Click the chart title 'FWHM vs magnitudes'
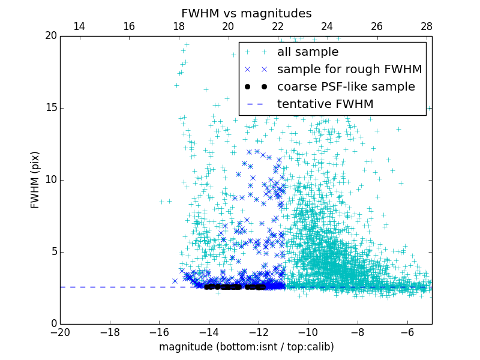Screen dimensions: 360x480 (246, 13)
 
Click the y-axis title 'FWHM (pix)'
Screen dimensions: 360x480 (35, 179)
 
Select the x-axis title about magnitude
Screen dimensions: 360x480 (246, 347)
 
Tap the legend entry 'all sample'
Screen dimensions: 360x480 (308, 52)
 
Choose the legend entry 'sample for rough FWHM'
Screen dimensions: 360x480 (349, 70)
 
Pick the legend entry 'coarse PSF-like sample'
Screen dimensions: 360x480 (346, 87)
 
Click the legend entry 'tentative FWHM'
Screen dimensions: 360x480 (325, 104)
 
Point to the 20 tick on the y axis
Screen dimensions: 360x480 (50, 36)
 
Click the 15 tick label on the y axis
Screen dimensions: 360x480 (50, 108)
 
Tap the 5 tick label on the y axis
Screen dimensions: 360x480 (53, 251)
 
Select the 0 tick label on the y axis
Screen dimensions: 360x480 (53, 323)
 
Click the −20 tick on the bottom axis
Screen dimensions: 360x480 (60, 332)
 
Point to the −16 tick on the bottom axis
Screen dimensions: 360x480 (159, 332)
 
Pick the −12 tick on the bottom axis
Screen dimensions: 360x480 (259, 332)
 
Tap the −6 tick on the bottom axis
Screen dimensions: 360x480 (407, 332)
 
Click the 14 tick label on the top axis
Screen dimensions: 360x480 (79, 26)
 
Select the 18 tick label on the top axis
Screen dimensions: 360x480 (179, 26)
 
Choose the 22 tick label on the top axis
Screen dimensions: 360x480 (278, 26)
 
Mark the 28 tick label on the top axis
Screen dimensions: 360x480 (427, 26)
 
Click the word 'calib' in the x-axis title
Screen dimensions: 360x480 (319, 347)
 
